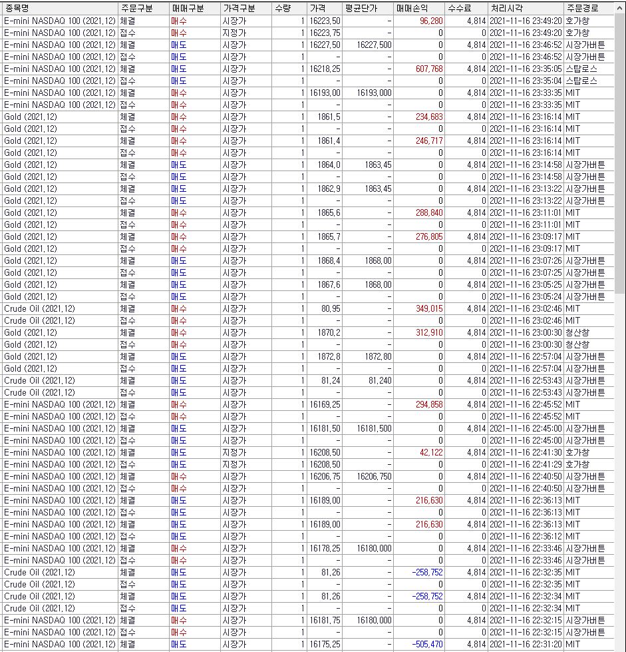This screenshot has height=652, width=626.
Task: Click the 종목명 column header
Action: (17, 8)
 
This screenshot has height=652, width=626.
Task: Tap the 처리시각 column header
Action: (507, 8)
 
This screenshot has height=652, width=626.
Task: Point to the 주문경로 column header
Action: (582, 8)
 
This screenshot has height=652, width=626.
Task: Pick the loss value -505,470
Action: (426, 644)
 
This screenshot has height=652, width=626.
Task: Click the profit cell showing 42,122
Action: (431, 452)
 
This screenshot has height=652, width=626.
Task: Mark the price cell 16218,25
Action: (325, 69)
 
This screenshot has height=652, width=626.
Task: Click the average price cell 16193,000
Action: (374, 93)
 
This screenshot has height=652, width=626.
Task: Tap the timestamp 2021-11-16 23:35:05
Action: (526, 69)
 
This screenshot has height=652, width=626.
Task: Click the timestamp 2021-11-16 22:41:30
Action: (526, 452)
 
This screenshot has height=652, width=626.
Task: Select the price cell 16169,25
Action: (325, 404)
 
